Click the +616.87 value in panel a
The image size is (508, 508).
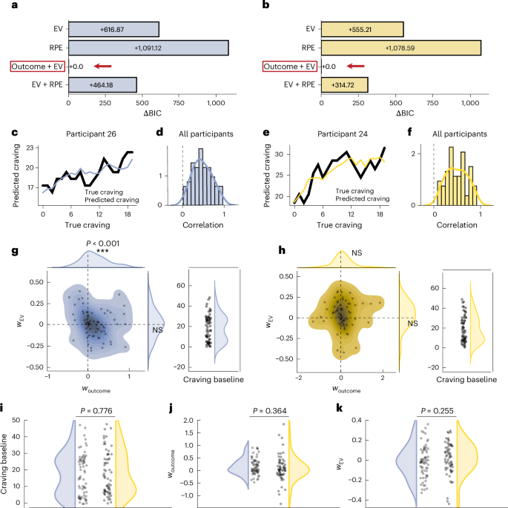click(113, 28)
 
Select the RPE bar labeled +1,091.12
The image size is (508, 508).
click(148, 47)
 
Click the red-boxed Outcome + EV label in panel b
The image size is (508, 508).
click(288, 67)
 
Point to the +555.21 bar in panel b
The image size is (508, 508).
click(363, 28)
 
